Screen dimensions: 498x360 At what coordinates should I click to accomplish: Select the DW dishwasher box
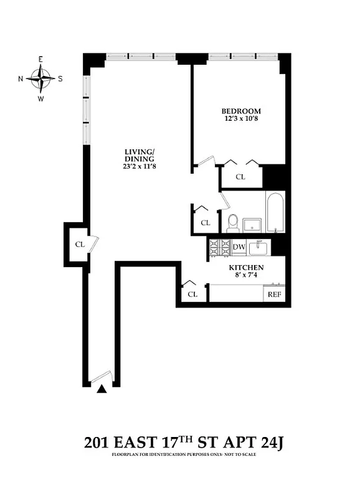[x=239, y=247]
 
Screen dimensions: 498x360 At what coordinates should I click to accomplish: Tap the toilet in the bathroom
[x=233, y=222]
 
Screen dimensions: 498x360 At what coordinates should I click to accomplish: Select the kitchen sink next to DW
[x=259, y=248]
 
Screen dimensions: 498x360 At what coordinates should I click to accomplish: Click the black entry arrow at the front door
[x=101, y=388]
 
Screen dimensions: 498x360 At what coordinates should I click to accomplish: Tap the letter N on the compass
[x=21, y=79]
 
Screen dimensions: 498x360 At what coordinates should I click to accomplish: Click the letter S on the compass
[x=60, y=79]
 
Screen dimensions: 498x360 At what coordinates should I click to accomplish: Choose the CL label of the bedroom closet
[x=240, y=177]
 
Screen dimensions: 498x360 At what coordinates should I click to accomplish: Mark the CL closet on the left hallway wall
[x=79, y=244]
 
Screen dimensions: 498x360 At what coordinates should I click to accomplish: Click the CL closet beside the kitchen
[x=193, y=294]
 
